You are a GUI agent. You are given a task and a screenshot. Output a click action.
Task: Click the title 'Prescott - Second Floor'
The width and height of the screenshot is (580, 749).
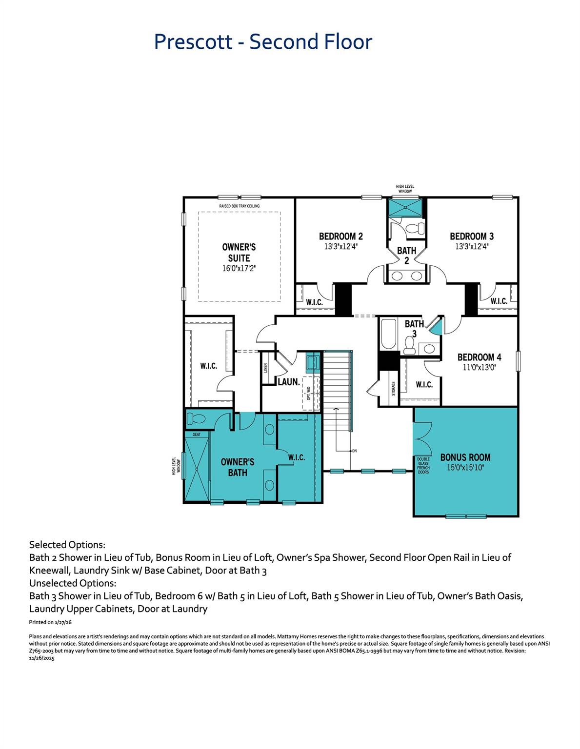point(263,41)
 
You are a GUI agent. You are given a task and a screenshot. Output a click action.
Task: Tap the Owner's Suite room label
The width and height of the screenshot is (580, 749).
point(239,253)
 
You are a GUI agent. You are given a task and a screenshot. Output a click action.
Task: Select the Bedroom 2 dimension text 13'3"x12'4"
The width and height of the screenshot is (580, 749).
point(340,247)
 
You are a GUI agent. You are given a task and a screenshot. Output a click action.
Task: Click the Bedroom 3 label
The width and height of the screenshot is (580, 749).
point(471,237)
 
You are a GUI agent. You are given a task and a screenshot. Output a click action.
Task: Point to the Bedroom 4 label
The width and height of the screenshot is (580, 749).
point(479,357)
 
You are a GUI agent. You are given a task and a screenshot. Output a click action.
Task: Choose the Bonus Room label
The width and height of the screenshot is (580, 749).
point(465,457)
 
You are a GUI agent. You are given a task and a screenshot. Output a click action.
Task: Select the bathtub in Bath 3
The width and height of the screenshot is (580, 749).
point(389,334)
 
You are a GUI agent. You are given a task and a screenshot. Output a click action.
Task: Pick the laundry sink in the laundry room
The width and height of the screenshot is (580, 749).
point(312,363)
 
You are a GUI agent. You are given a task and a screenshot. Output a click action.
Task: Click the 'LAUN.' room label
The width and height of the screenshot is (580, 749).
point(289,382)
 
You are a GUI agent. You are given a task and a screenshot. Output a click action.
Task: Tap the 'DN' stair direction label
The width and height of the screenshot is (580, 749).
point(354,451)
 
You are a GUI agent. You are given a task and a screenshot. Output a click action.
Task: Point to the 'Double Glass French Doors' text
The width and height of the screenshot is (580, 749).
point(423,466)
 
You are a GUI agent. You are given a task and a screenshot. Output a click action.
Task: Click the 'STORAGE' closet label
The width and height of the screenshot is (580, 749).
point(393,388)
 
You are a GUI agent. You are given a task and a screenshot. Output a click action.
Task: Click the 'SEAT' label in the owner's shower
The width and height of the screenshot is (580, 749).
point(196,434)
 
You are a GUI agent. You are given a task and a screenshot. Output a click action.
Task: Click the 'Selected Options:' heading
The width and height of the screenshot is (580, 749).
point(67,544)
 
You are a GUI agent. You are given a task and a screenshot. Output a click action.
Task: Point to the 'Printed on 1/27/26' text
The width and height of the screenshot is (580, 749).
point(50,622)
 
